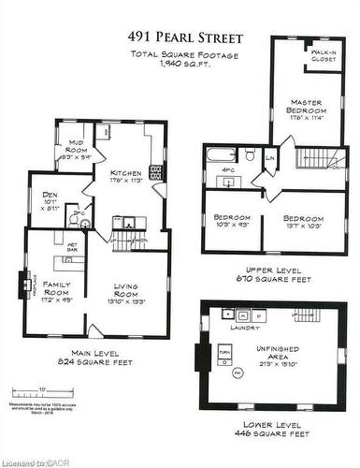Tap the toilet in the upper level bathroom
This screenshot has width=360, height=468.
[x=252, y=154]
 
